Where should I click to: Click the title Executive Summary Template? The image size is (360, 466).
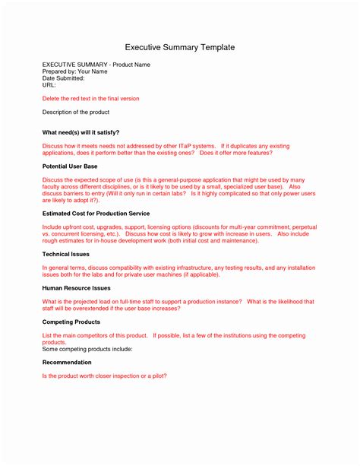tap(180, 47)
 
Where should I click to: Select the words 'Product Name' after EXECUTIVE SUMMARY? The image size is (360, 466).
tap(131, 65)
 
